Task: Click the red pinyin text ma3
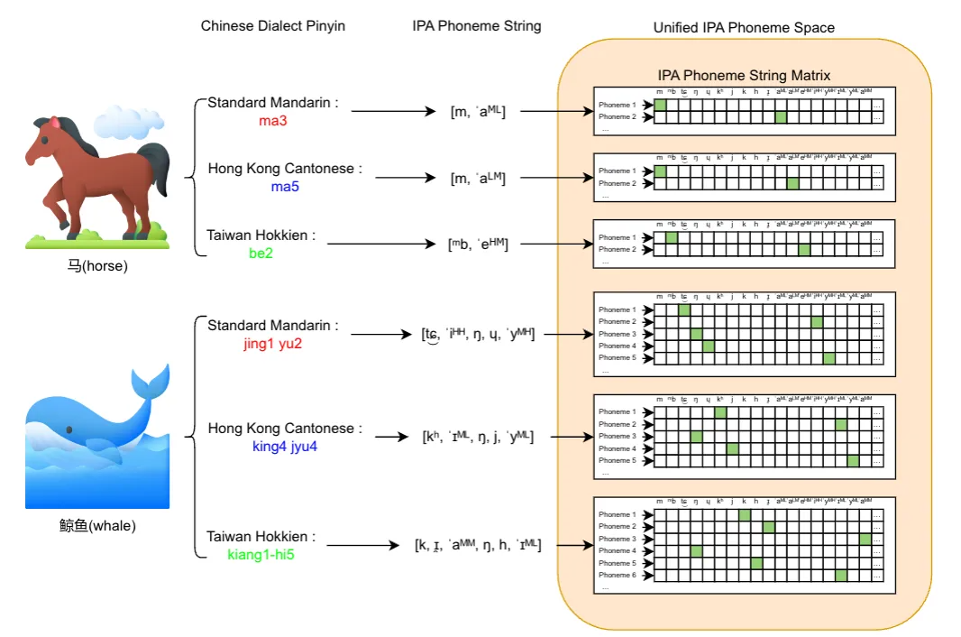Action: click(272, 120)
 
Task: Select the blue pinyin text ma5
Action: click(284, 187)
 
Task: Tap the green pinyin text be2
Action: click(261, 254)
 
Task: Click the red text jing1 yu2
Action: click(273, 343)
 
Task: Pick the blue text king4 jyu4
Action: click(285, 446)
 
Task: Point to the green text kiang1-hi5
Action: click(261, 554)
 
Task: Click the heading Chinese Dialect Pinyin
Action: click(272, 26)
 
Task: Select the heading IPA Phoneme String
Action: click(476, 26)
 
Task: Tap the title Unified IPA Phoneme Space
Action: click(744, 28)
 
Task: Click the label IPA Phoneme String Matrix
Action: click(745, 76)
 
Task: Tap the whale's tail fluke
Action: click(151, 383)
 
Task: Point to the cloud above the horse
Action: click(135, 121)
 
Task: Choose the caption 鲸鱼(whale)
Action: click(97, 525)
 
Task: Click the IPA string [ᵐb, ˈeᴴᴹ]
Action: click(478, 244)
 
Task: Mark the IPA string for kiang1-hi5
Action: click(478, 544)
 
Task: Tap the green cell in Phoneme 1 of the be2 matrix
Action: click(672, 237)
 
